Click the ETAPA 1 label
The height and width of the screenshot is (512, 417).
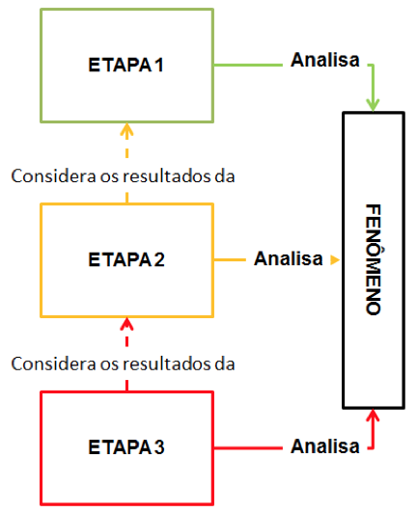tap(125, 65)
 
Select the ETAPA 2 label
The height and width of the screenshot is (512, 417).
tap(126, 259)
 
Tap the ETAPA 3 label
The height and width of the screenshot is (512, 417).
tap(126, 446)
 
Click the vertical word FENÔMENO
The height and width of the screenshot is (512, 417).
tap(374, 259)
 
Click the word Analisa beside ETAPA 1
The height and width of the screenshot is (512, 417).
tap(325, 60)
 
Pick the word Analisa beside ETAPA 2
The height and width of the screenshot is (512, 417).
tap(289, 258)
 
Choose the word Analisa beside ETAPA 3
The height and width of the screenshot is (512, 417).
tap(325, 446)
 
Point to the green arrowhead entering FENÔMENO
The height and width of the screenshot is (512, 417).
tap(373, 104)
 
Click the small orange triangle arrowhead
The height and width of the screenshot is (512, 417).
tap(335, 260)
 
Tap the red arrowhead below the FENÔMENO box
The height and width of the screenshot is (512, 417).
tap(373, 416)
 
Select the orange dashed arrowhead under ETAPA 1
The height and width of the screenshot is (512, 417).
tap(126, 130)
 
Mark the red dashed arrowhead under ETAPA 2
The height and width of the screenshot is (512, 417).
tap(126, 325)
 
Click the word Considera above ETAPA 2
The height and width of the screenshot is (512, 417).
tap(54, 176)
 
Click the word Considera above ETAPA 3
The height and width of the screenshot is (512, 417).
tap(54, 364)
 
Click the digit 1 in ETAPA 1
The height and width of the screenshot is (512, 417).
tap(159, 65)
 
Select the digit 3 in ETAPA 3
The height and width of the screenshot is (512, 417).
tap(159, 446)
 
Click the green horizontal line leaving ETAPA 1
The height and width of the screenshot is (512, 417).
tap(248, 65)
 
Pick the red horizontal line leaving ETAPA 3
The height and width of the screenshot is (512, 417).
tap(248, 448)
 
